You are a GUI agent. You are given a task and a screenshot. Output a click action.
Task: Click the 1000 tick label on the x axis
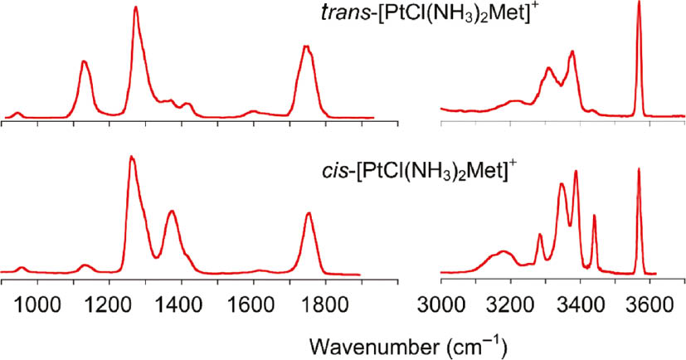[36, 304]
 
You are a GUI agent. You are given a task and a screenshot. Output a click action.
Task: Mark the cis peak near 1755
[309, 213]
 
